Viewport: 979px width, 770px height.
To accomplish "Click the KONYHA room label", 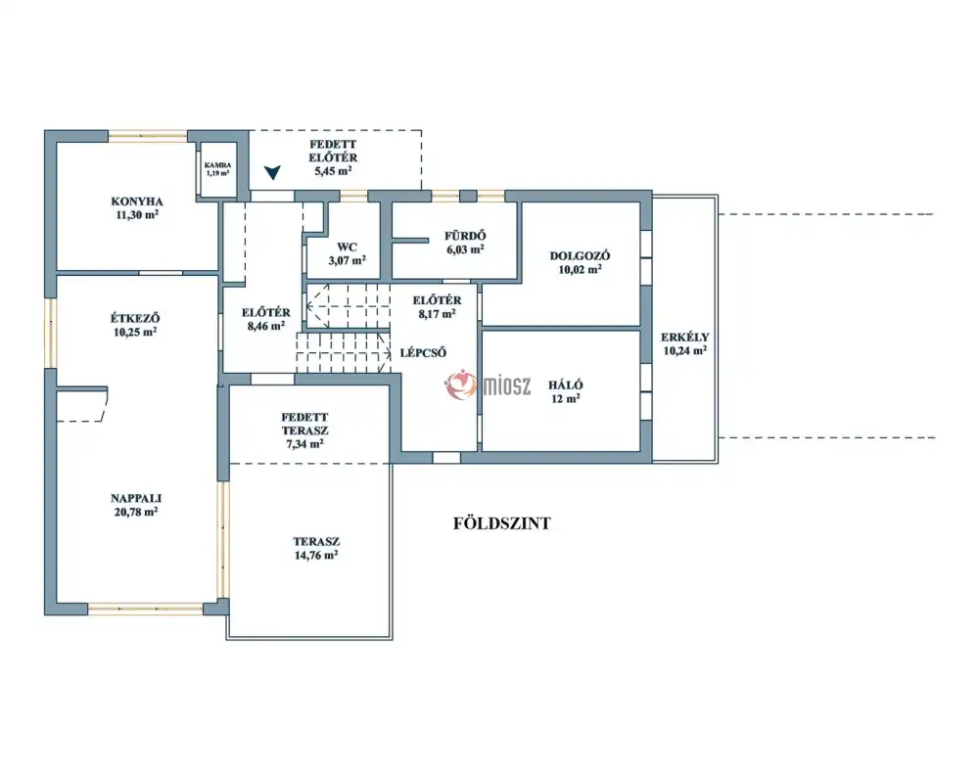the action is tap(137, 202).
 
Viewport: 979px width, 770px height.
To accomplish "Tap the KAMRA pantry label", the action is tap(217, 165).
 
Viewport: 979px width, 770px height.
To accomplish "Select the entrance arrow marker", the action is tap(272, 172).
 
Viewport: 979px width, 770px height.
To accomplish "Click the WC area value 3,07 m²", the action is tap(348, 260).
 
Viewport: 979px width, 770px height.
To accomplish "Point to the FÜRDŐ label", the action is tap(465, 236).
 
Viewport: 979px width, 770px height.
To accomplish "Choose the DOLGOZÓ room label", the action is tap(580, 255).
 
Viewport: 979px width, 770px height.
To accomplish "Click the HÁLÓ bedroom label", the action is tap(566, 385).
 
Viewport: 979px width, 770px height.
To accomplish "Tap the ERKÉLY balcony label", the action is tap(685, 337).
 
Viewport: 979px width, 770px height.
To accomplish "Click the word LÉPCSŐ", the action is tap(423, 352).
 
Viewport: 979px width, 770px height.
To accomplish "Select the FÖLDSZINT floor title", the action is tap(502, 522).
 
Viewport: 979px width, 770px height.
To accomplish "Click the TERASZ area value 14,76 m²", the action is tap(316, 555).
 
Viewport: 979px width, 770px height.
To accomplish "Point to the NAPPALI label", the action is tap(136, 498).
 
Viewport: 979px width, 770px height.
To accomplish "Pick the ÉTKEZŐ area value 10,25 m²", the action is tap(135, 332).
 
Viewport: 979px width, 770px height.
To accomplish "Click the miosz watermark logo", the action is tap(488, 385).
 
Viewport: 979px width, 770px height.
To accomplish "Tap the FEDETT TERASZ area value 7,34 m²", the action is tap(304, 443).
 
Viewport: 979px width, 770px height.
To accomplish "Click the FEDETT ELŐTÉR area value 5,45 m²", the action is tap(333, 170).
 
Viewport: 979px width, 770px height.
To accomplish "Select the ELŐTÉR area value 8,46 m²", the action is tap(266, 325).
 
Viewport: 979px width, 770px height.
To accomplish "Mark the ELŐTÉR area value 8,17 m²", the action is tap(437, 314).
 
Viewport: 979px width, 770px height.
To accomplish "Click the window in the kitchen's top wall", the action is tap(148, 135).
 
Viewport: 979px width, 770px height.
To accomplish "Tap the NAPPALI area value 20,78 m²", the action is tap(135, 512).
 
